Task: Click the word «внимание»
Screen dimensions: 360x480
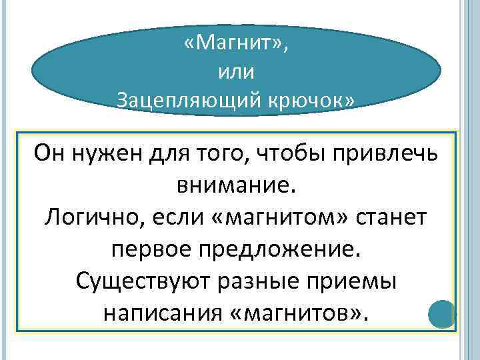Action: coord(233,185)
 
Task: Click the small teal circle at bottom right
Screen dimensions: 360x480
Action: coord(441,314)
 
